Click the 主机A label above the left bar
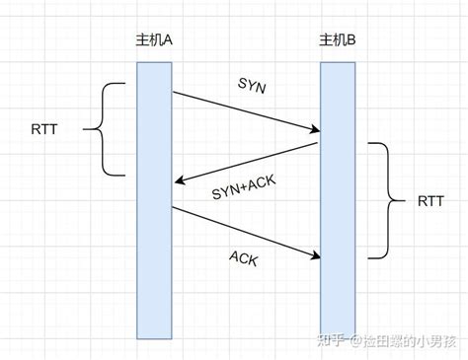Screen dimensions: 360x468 pos(154,43)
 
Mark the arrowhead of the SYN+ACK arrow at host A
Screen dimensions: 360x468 pos(177,181)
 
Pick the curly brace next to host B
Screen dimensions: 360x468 pos(385,200)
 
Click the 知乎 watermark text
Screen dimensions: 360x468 pos(328,340)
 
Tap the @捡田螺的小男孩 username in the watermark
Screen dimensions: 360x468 pos(400,340)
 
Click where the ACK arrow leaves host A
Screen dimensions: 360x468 pos(173,207)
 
